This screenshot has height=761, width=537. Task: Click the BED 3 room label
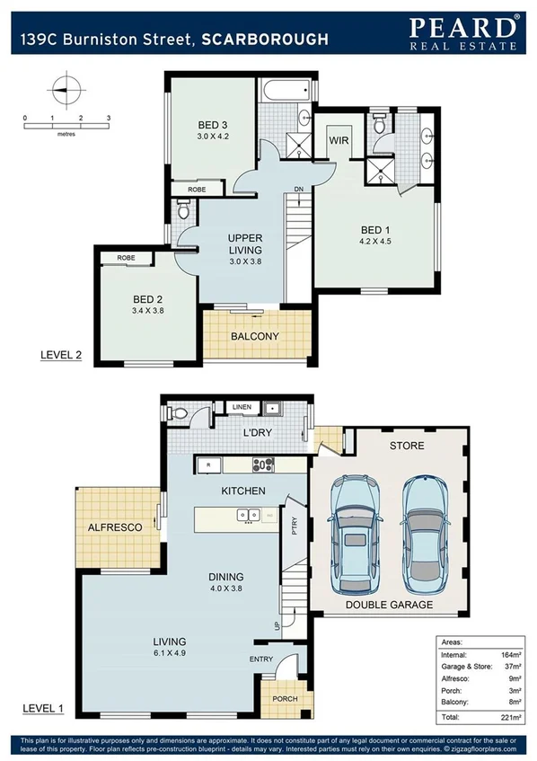214,125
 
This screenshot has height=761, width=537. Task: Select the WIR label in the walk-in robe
339,141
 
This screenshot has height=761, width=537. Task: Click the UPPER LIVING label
245,243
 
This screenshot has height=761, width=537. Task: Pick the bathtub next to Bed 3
286,90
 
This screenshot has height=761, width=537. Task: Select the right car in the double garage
425,530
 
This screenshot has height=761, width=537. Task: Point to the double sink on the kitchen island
248,515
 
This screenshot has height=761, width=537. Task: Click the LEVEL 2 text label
62,355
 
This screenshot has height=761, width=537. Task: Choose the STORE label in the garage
407,445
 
